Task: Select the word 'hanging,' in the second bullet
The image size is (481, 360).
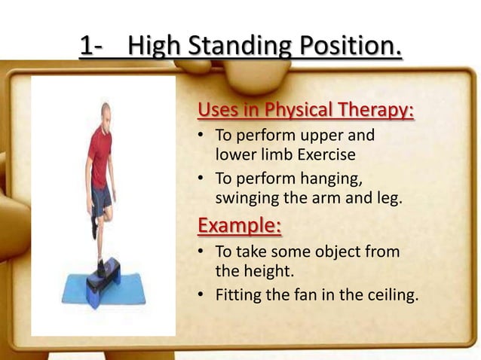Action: pos(330,179)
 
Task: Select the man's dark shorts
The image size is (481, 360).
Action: pos(102,198)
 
